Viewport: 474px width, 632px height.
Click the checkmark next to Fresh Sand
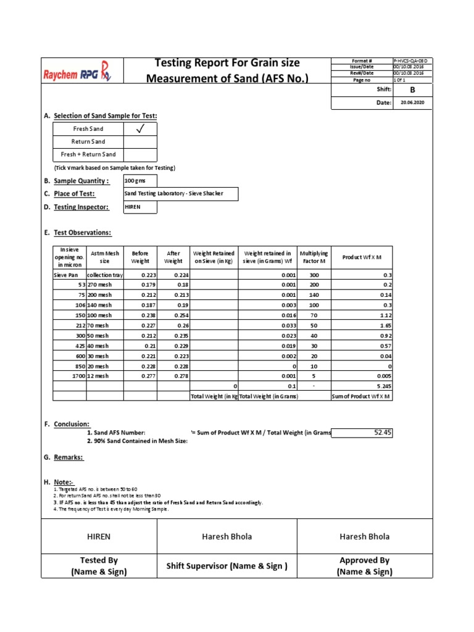140,129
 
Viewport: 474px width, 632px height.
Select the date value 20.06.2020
412,102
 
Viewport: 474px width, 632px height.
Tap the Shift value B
412,89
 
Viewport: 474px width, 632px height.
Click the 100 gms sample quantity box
139,181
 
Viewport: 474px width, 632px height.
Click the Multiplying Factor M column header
314,257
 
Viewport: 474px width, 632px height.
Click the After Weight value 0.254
173,314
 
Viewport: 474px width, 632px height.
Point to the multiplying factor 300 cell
314,275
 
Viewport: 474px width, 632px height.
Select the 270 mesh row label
100,285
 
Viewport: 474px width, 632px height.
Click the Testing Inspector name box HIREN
139,207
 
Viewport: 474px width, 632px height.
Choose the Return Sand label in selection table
88,142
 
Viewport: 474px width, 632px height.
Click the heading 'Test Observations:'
82,233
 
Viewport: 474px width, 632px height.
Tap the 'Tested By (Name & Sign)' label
99,566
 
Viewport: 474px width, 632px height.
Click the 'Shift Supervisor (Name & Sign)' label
227,566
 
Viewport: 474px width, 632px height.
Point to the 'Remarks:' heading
68,457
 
